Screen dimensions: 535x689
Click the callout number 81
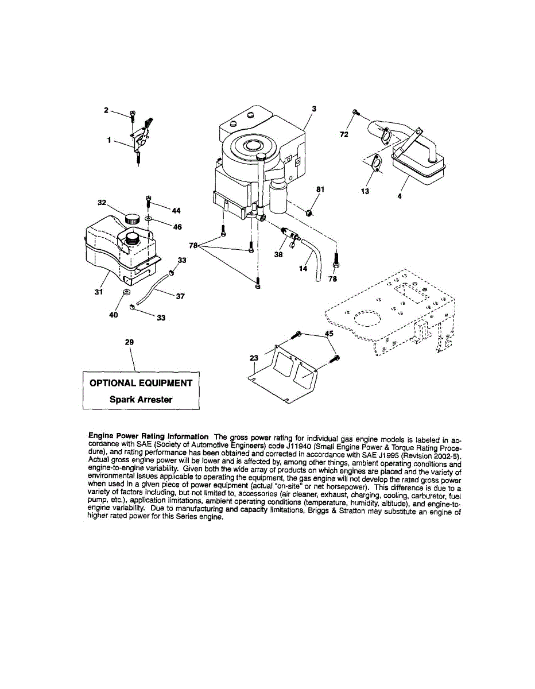[x=320, y=188]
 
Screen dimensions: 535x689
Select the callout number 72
[x=343, y=136]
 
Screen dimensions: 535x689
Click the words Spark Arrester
[x=141, y=400]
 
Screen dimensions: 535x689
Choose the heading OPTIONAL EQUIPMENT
[x=141, y=383]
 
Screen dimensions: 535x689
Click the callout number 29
[x=129, y=342]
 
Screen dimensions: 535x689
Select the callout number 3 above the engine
[x=314, y=109]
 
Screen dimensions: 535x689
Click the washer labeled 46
[x=149, y=219]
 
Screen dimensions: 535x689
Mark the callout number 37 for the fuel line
[x=180, y=296]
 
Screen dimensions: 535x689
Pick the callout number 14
[x=304, y=268]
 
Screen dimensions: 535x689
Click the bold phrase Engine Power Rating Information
[x=148, y=437]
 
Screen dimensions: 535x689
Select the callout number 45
[x=329, y=332]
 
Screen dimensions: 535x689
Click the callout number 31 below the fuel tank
[x=98, y=291]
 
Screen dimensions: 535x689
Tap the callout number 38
[x=278, y=256]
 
